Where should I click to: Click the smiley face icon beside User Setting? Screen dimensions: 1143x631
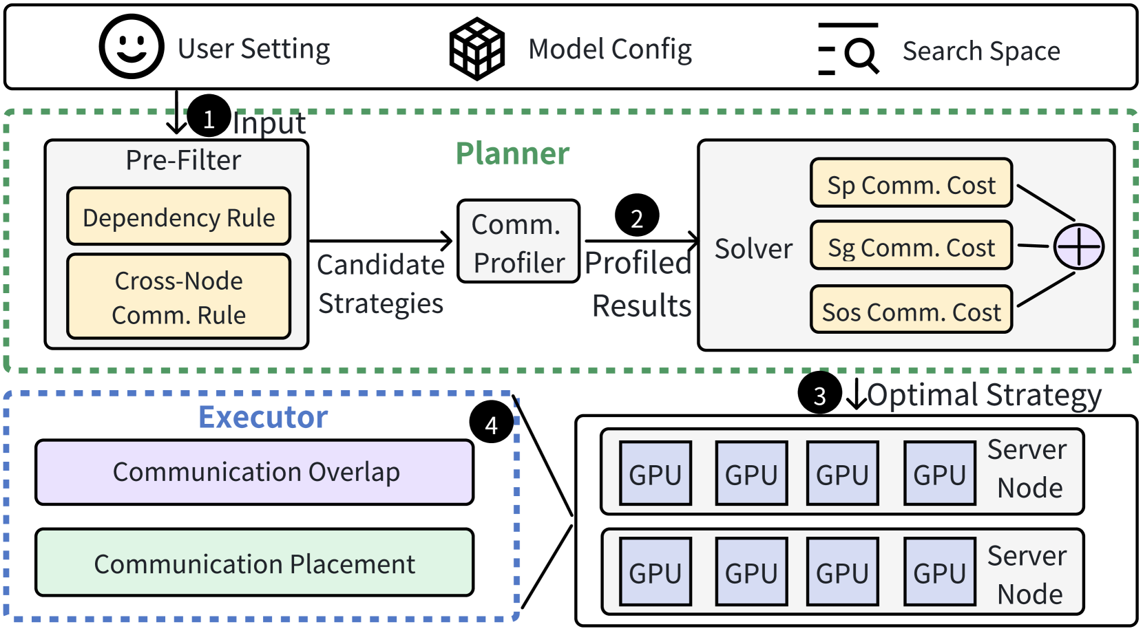click(131, 46)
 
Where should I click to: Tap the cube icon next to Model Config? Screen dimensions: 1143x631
click(476, 48)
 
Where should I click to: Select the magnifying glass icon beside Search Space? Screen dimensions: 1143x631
click(848, 50)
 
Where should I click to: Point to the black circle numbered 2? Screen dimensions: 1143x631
click(637, 215)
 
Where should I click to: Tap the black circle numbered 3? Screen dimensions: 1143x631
click(819, 392)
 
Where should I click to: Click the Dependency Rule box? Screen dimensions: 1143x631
click(178, 216)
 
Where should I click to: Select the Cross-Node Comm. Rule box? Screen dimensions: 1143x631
click(178, 297)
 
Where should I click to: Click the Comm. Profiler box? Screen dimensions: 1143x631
click(518, 241)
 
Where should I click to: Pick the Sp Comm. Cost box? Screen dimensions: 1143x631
click(912, 182)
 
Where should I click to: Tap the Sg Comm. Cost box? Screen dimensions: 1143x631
click(912, 246)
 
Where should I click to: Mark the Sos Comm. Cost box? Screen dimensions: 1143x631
click(912, 309)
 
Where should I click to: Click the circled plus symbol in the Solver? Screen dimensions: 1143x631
click(1079, 247)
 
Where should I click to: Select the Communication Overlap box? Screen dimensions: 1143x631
click(255, 472)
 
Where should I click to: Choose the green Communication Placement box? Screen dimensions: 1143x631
click(255, 562)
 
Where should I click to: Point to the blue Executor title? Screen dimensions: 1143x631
click(263, 417)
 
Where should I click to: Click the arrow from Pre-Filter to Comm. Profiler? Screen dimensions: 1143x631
click(381, 241)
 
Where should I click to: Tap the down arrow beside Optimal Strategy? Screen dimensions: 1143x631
click(857, 394)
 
